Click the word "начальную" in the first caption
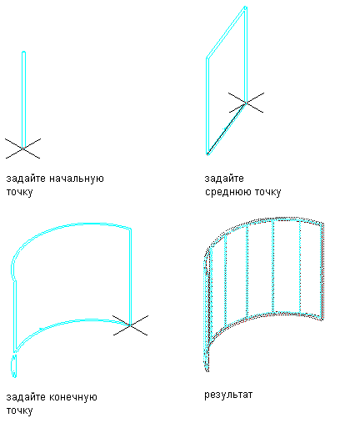pos(77,179)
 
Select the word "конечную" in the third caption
pos(73,397)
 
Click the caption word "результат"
pos(228,395)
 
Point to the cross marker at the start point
pos(22,149)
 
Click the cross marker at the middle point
pos(246,103)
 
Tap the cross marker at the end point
pos(130,325)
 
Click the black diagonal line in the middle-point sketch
pos(227,128)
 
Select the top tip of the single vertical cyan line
pos(23,52)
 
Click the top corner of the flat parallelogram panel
pos(245,7)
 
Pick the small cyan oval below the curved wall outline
pos(13,365)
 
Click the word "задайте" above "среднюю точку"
pos(224,179)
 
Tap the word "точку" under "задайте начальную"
pos(19,193)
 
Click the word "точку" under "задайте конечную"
pos(19,411)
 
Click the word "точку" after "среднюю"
pos(267,193)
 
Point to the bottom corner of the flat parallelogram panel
pos(207,154)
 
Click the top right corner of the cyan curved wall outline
pos(130,229)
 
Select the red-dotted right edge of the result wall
pos(323,271)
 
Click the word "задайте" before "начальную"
pos(27,179)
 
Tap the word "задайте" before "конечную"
pos(27,397)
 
